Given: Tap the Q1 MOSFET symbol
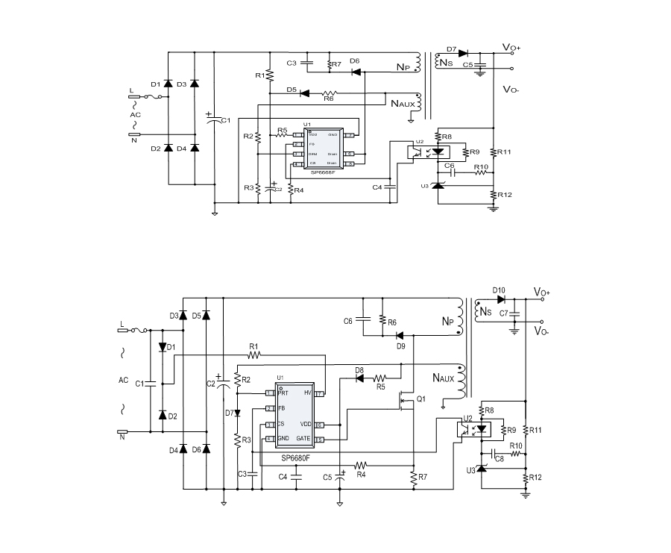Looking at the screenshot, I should (403, 403).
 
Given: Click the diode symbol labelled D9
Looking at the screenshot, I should (400, 336).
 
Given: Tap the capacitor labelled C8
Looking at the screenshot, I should (493, 453).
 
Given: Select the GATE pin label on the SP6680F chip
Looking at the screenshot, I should (303, 440).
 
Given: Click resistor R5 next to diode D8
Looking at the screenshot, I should (379, 378).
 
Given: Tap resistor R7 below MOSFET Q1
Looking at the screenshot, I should (413, 476).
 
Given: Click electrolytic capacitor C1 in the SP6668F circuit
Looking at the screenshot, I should (215, 120).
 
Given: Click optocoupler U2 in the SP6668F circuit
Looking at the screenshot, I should (423, 150).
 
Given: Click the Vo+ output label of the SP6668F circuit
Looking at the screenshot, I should (511, 48).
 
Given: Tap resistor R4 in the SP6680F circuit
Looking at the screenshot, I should (361, 464).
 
